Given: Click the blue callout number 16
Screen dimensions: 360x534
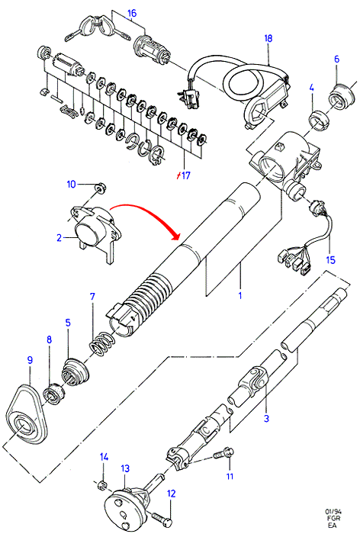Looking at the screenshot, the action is click(x=132, y=13).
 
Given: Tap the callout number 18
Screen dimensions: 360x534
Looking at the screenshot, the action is click(x=268, y=38).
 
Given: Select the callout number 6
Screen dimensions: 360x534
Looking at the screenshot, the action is click(x=336, y=60).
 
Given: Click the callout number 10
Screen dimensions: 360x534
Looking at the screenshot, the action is click(x=71, y=185).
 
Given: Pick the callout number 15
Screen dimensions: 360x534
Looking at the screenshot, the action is click(x=330, y=260).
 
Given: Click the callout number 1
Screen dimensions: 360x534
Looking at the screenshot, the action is click(x=239, y=296).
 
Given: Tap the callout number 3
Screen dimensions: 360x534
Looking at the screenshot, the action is click(x=266, y=418).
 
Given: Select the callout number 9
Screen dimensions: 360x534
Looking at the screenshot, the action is click(x=30, y=359).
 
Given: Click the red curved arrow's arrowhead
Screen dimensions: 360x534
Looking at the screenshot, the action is click(x=175, y=236).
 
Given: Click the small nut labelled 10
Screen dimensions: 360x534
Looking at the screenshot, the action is click(x=101, y=188).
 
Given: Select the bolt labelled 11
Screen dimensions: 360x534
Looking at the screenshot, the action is click(x=223, y=454).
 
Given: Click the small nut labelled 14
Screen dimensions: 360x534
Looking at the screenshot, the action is click(x=102, y=484).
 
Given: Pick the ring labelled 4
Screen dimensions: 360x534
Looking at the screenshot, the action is click(x=319, y=121).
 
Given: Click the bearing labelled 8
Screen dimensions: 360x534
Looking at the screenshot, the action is click(x=53, y=394).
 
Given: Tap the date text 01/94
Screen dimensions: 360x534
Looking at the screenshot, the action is click(x=333, y=512).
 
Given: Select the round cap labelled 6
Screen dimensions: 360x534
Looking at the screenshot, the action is click(x=339, y=96).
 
